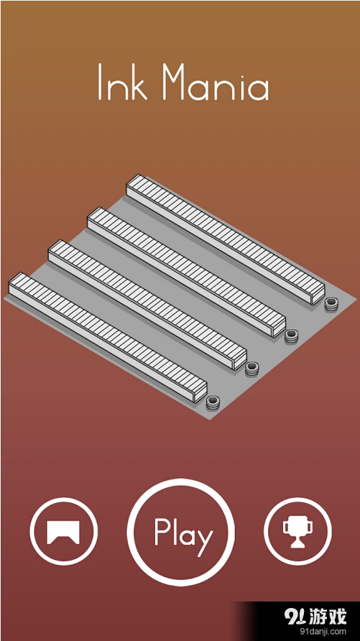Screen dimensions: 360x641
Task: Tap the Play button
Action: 180,532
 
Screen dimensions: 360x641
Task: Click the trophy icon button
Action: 297,532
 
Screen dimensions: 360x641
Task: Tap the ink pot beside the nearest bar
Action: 213,402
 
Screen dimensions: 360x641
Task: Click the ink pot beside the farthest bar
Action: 331,304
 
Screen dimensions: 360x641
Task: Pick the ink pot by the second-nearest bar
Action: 251,369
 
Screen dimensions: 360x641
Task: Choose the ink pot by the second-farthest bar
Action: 291,336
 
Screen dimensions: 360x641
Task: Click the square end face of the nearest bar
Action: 201,394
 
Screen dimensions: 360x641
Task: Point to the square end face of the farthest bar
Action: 319,296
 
